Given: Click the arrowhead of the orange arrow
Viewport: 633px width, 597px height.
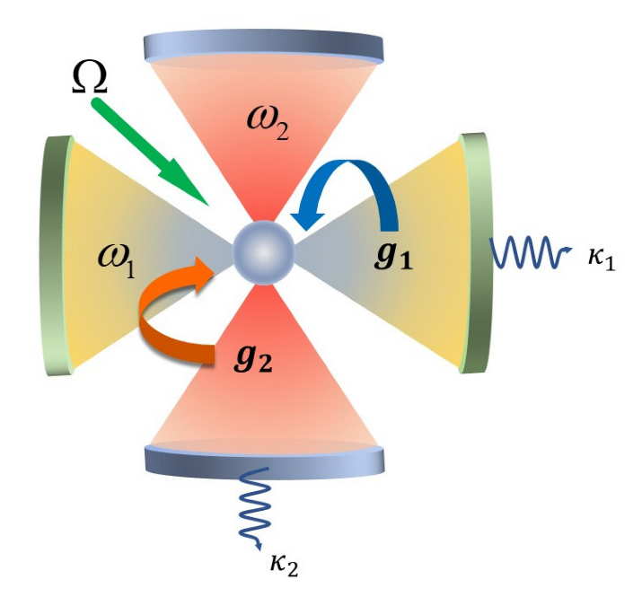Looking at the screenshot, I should tap(208, 266).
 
